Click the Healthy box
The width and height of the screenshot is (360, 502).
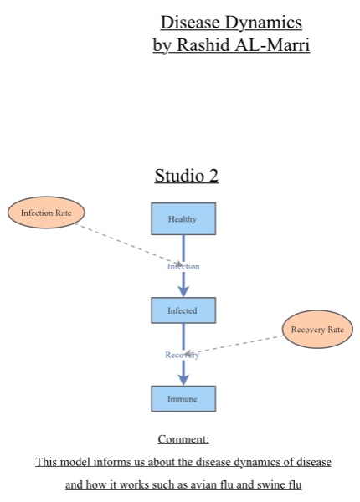point(183,219)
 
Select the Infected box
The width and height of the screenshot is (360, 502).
point(183,310)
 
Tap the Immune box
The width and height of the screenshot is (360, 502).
point(183,399)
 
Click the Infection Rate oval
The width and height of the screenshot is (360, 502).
point(46,213)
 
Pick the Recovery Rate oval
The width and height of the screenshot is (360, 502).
point(317,330)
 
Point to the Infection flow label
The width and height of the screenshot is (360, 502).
point(183,266)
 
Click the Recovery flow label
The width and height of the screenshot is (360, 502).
point(182,355)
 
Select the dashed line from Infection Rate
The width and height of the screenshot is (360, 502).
point(126,242)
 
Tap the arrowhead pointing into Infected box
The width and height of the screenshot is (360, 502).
point(183,289)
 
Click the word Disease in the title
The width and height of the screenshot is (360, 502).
point(189,23)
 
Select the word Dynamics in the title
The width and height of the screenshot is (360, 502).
point(264,23)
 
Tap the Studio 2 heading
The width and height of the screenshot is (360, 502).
point(186,176)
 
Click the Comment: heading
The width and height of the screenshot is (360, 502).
point(183,439)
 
